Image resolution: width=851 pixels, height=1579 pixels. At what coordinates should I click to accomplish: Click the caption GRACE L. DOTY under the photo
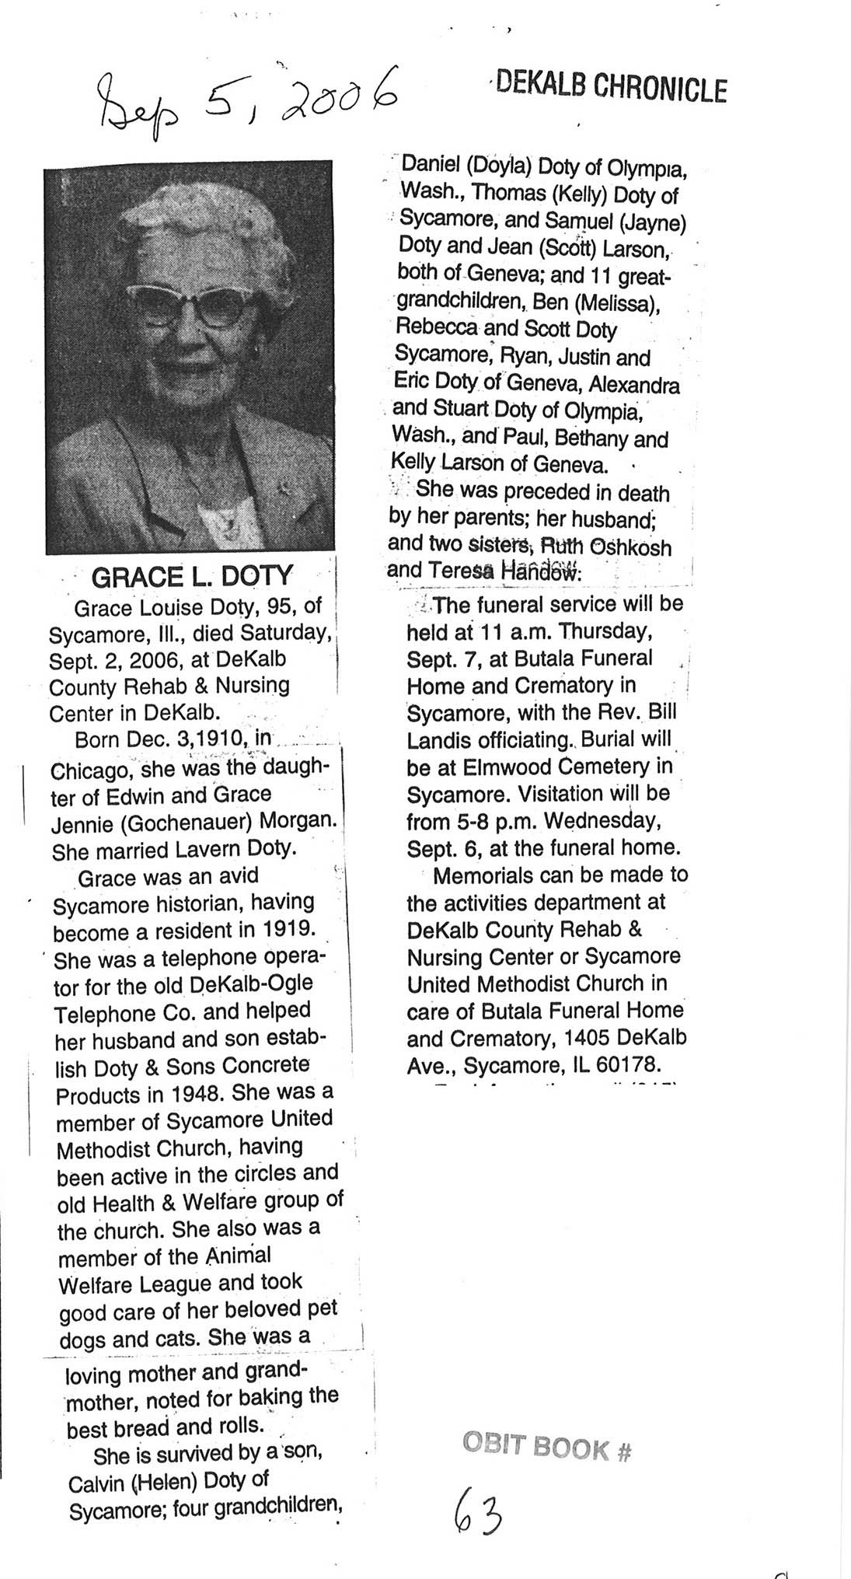[192, 577]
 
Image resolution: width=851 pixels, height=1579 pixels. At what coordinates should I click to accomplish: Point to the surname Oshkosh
[627, 547]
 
